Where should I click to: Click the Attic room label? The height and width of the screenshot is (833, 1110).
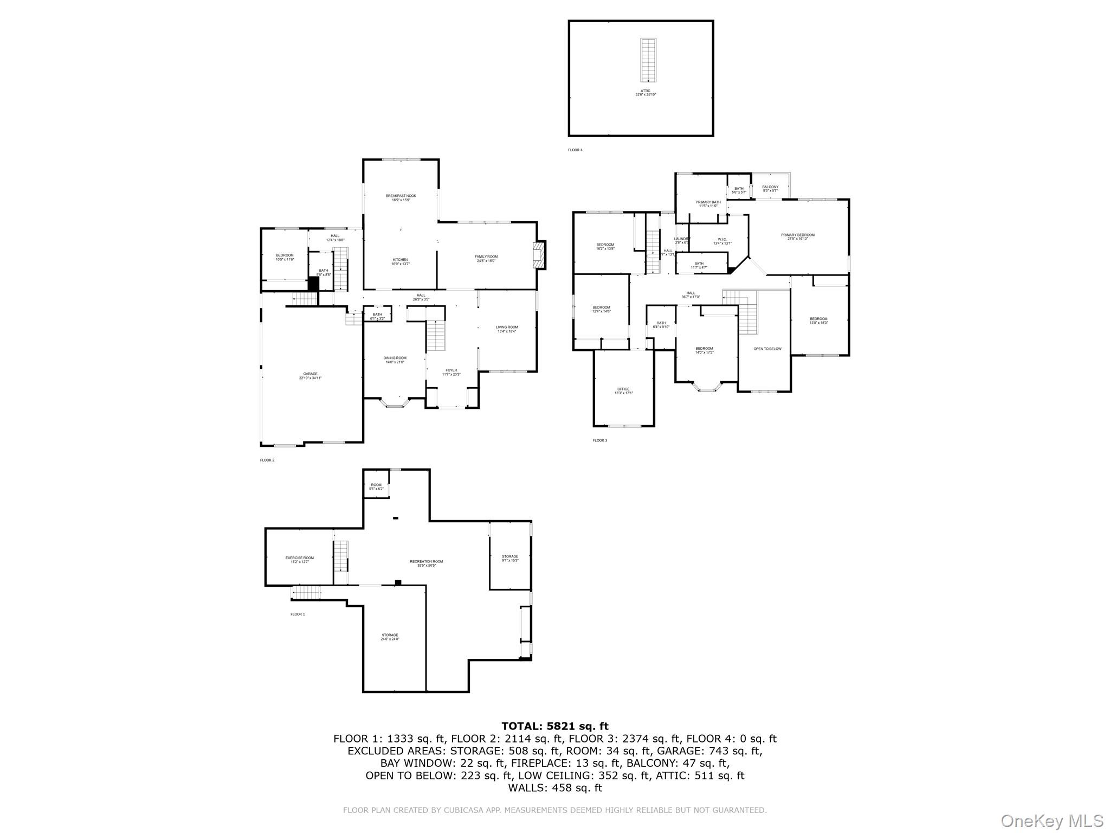646,93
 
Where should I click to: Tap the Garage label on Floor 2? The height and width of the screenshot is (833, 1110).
311,375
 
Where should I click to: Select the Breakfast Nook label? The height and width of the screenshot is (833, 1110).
401,197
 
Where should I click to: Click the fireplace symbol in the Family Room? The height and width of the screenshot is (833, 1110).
539,254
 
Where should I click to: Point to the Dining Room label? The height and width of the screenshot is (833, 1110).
395,360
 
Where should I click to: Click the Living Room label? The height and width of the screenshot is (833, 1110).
507,329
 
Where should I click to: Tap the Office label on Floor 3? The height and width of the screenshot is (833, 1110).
623,390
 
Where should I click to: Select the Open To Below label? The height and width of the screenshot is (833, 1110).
767,349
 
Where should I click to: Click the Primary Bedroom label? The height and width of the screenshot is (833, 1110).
797,236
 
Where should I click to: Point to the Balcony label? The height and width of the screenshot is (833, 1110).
770,188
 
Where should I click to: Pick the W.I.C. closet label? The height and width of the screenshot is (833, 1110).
722,241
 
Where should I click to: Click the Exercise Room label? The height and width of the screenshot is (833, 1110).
300,559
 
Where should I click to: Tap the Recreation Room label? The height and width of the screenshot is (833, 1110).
427,563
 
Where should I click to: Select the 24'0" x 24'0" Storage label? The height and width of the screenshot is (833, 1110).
390,637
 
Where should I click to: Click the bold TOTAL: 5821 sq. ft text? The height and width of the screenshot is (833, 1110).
555,726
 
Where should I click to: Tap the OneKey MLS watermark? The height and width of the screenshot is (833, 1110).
1051,821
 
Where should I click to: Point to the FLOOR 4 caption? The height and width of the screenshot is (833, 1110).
575,150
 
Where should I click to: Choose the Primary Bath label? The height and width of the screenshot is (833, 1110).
708,203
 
